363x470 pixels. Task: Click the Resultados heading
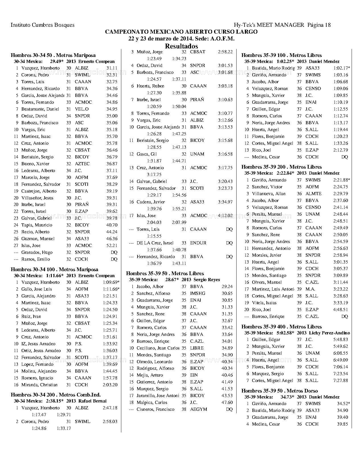click(x=181, y=46)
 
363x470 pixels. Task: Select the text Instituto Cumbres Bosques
click(x=42, y=25)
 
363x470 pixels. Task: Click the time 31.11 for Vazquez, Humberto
click(x=112, y=68)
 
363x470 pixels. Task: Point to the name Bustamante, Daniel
click(x=40, y=109)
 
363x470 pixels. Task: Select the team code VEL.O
click(x=82, y=109)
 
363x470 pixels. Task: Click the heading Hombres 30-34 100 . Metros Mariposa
click(x=54, y=269)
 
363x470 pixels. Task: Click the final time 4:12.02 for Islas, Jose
click(x=225, y=216)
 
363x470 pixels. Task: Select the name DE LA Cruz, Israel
click(x=155, y=243)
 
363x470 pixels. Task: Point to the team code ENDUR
click(x=196, y=243)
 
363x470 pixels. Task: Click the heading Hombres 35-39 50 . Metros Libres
click(x=165, y=273)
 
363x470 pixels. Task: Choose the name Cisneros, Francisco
click(x=155, y=409)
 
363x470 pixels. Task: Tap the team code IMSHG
click(x=198, y=293)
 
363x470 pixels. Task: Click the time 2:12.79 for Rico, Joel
click(x=341, y=150)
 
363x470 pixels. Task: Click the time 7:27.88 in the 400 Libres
click(x=341, y=381)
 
